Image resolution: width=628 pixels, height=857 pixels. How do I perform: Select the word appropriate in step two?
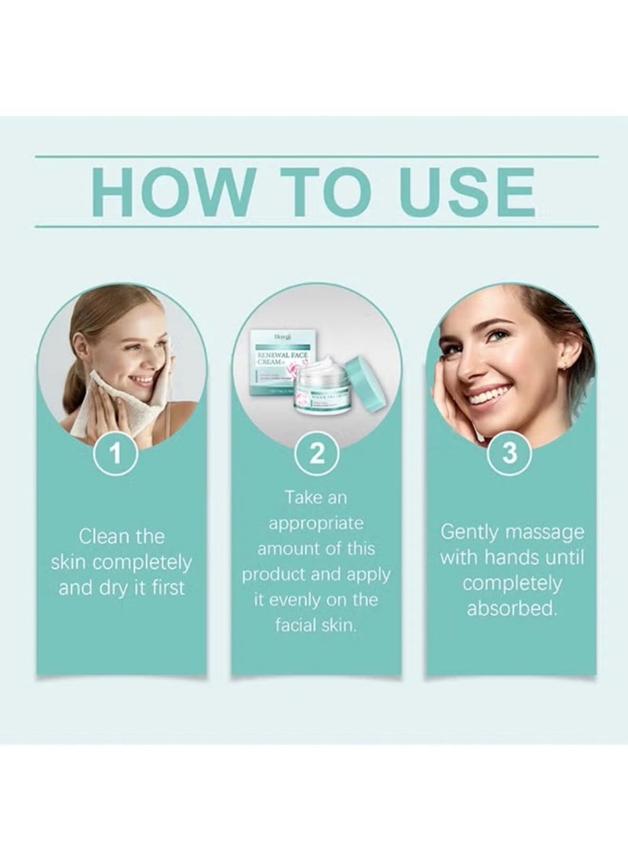(316, 523)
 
